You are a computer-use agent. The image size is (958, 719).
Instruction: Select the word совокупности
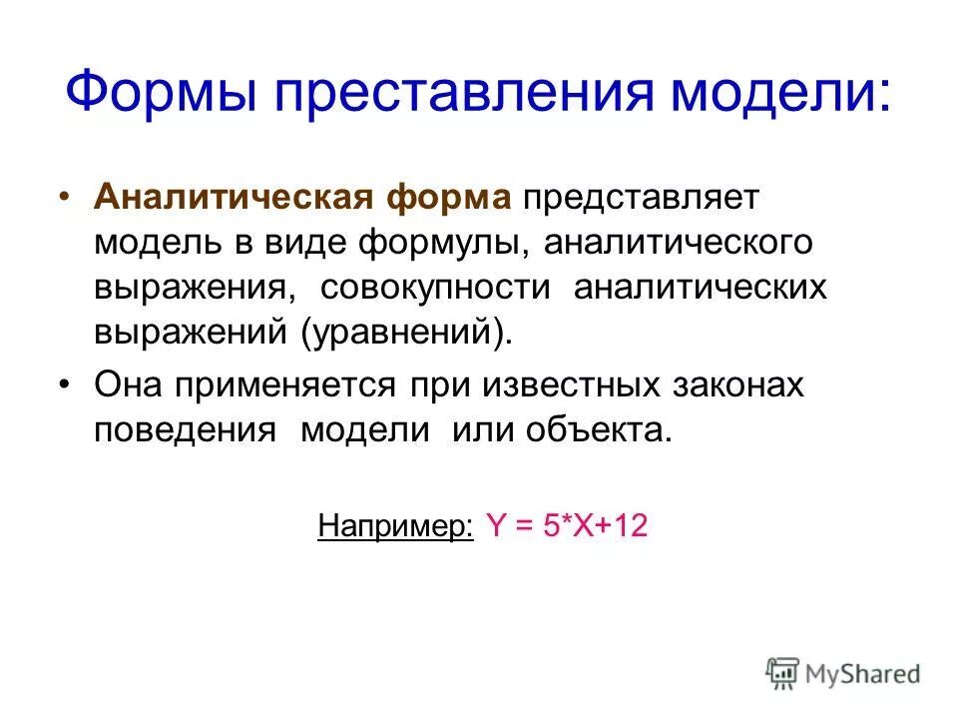coord(435,288)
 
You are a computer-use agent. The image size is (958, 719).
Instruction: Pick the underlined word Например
coord(395,526)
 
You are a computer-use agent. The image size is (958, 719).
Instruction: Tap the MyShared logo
coord(843,673)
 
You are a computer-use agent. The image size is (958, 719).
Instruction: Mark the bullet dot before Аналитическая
coord(65,197)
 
